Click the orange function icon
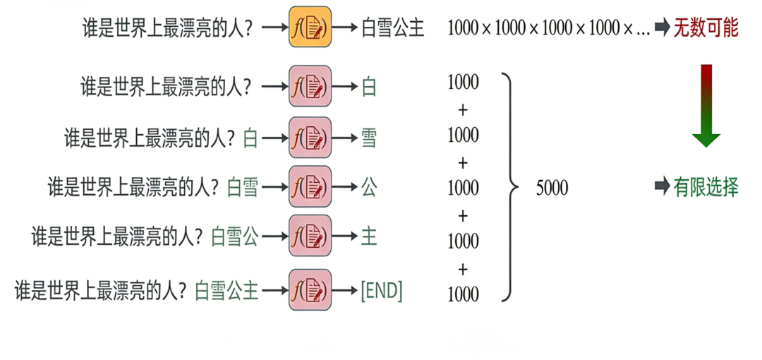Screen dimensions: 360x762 click(310, 28)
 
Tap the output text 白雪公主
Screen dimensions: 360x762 click(392, 29)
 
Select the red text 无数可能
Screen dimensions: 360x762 click(706, 28)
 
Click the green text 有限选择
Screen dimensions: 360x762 click(706, 187)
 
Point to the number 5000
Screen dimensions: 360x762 click(552, 188)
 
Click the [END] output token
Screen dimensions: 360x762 click(381, 290)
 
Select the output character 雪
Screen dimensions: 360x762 click(368, 138)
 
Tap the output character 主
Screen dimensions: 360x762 click(368, 236)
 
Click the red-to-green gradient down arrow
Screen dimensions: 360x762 click(706, 105)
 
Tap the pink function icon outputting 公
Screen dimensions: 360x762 click(310, 187)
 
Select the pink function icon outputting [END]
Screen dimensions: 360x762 click(310, 290)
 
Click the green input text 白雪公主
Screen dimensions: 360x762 click(226, 290)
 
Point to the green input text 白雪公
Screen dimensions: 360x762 click(235, 236)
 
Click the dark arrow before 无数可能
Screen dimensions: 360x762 click(662, 28)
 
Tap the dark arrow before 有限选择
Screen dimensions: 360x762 click(662, 187)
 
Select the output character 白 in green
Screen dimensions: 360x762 click(368, 87)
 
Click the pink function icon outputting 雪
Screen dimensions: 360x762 click(310, 138)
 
